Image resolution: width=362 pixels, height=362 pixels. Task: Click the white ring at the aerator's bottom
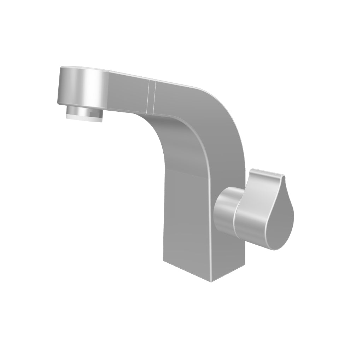84,117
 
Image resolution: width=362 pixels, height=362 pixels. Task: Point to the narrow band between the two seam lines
152,97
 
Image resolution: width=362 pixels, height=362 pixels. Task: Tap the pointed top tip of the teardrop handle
283,177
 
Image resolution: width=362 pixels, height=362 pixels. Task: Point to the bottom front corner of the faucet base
211,281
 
